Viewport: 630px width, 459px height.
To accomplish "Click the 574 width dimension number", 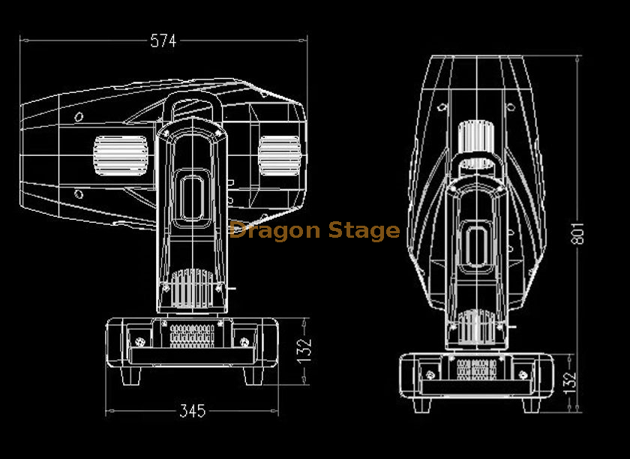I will coord(163,41).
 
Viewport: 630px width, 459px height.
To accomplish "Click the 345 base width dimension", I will coord(192,411).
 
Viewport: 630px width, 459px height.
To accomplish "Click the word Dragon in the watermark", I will coord(274,230).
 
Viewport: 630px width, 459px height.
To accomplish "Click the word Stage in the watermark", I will coord(363,231).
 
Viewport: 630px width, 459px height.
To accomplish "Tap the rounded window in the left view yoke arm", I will coord(192,196).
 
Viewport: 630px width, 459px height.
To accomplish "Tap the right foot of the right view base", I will coord(529,404).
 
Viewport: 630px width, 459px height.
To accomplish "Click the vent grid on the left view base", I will coord(192,334).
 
